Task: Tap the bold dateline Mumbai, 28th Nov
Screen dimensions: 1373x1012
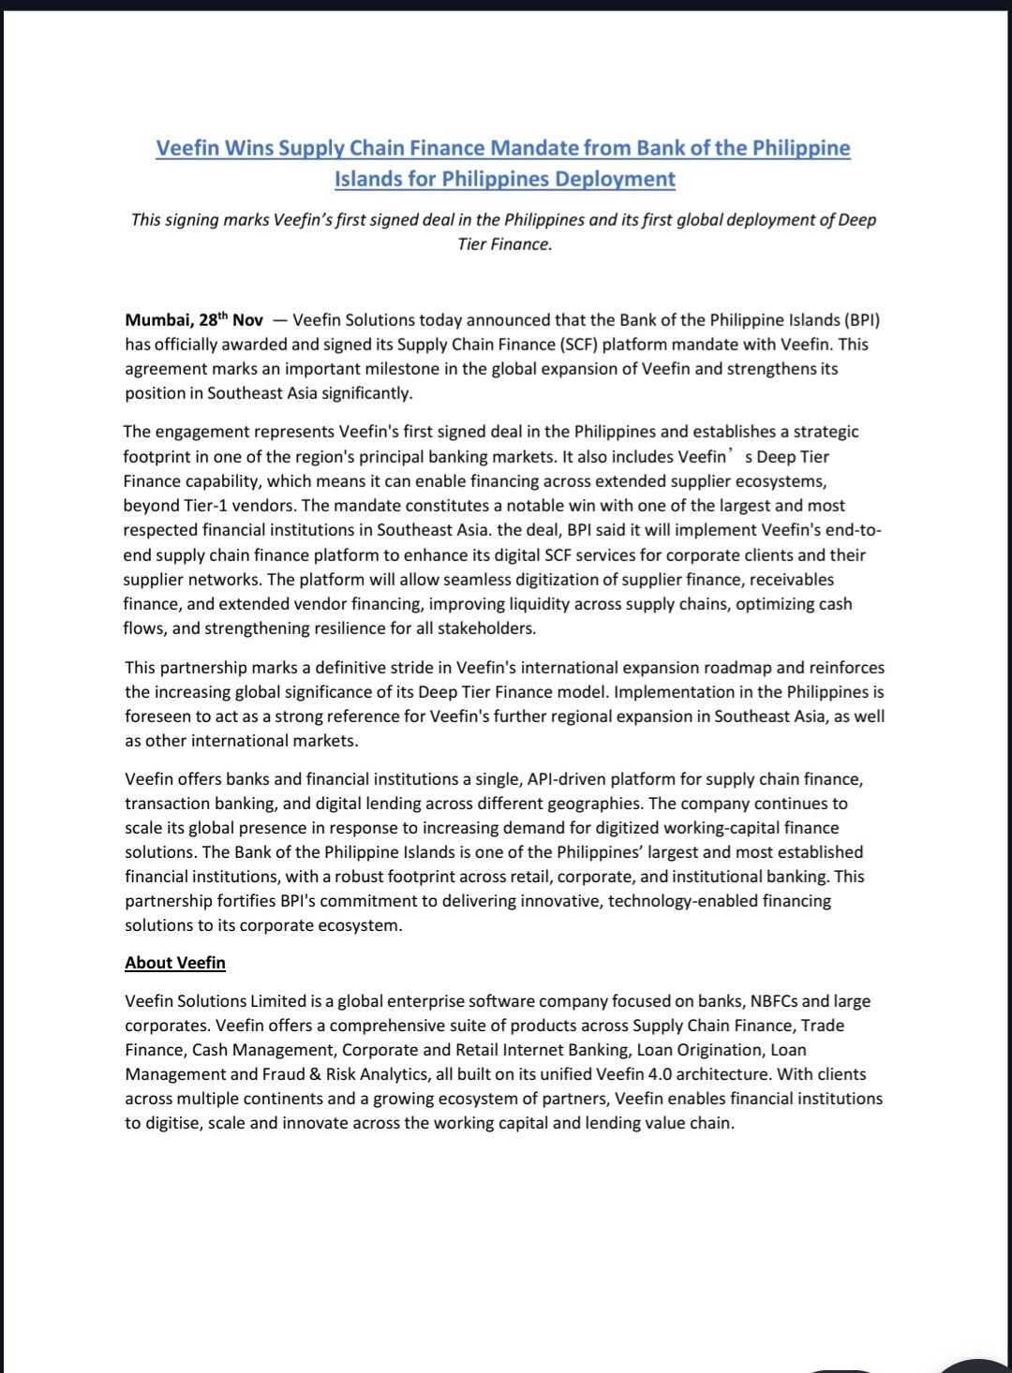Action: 194,320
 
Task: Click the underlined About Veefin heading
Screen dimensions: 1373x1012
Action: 175,963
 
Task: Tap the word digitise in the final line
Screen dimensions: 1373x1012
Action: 171,1123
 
